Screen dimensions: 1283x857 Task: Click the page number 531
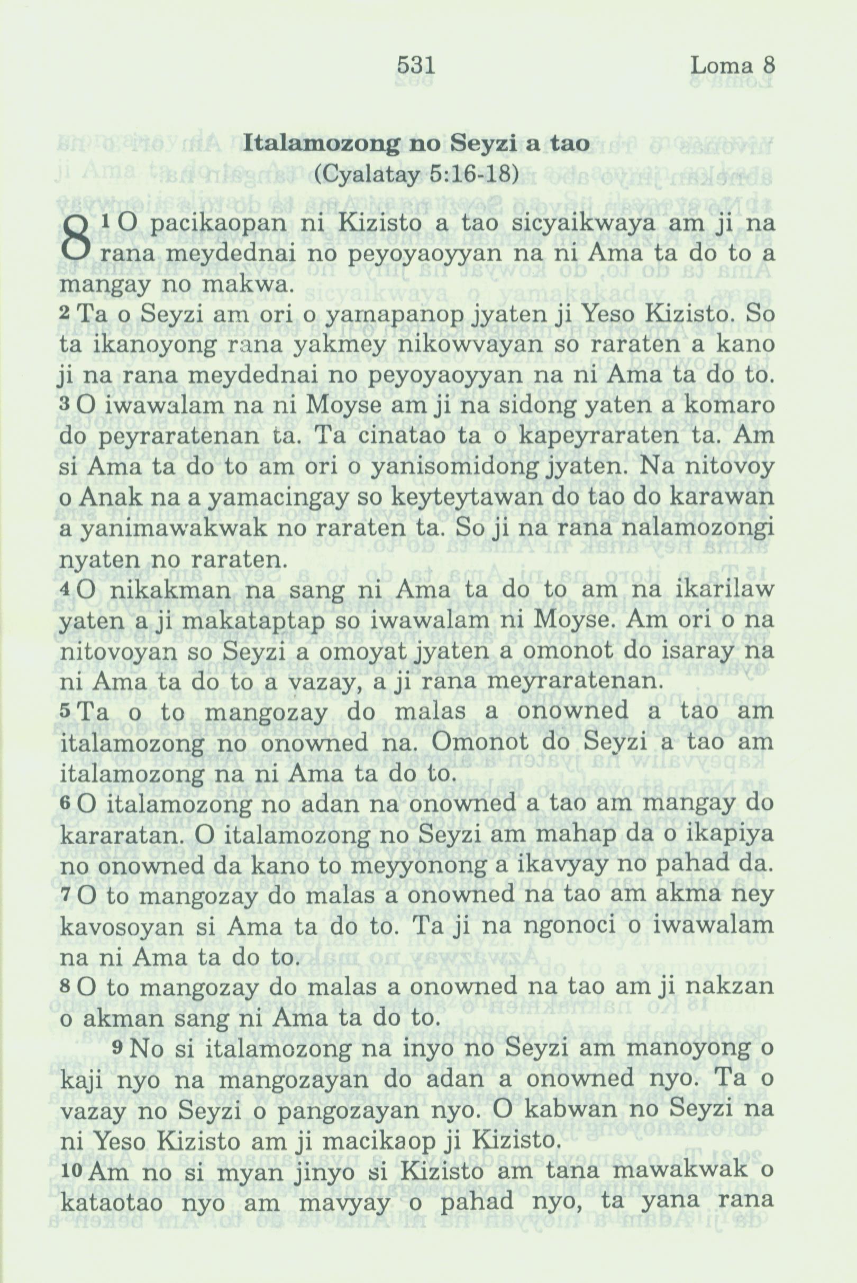415,66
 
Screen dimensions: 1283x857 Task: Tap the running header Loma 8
732,66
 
